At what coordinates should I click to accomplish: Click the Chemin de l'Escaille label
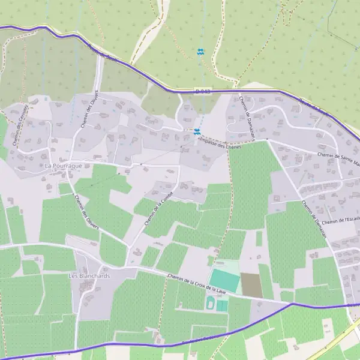click(x=340, y=220)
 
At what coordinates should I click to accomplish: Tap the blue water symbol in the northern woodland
click(x=200, y=52)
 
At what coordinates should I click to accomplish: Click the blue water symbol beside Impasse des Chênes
click(x=197, y=131)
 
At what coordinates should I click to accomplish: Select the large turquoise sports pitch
click(x=224, y=280)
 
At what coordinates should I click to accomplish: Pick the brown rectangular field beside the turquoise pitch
click(x=251, y=284)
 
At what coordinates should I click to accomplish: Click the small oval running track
click(x=211, y=304)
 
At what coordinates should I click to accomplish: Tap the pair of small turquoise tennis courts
click(x=222, y=306)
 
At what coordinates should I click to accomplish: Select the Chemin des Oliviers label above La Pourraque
click(x=89, y=110)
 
